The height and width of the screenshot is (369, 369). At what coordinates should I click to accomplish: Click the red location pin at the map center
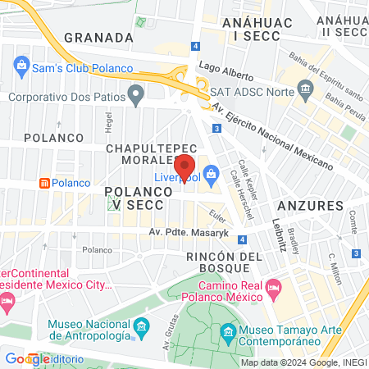coord(184,166)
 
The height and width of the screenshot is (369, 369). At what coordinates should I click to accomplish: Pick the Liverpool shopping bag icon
coord(212,173)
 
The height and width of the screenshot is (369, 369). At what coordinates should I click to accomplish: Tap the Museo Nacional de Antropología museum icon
coord(140,328)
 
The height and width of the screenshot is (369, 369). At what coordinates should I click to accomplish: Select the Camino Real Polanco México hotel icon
coord(274,286)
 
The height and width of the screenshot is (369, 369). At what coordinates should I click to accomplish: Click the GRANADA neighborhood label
coord(98,38)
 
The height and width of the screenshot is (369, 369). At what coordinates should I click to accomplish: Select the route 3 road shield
coord(216,129)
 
